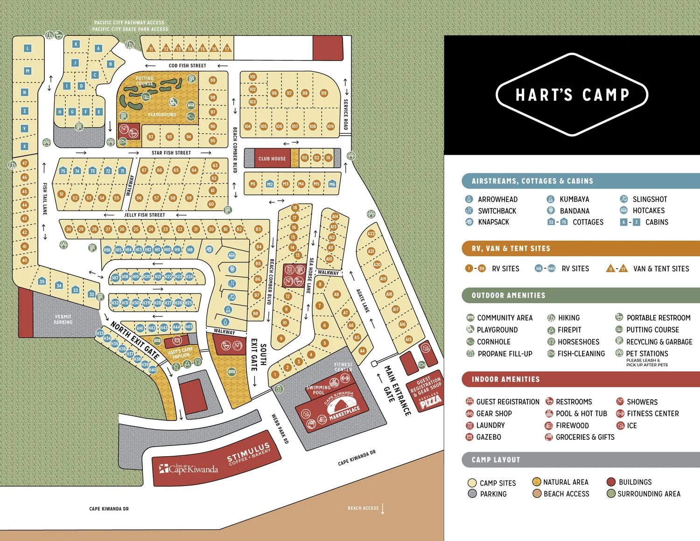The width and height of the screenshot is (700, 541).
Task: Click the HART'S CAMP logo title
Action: (x=572, y=95)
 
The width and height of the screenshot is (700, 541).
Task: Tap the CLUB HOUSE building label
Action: (x=272, y=158)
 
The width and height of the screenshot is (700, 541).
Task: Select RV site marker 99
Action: (x=213, y=80)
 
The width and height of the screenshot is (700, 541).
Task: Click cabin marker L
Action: (x=28, y=48)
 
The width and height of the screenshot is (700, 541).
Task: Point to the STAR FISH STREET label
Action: (x=171, y=153)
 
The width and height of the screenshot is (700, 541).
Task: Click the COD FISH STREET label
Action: (x=187, y=66)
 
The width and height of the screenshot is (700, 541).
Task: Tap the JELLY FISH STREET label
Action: (x=144, y=215)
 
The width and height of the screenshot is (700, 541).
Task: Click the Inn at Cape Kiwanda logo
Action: (x=189, y=468)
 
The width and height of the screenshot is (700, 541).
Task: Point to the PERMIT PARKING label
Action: (x=63, y=319)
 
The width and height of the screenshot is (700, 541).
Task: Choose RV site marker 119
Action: (x=323, y=93)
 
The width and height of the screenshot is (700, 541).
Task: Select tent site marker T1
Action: (x=150, y=48)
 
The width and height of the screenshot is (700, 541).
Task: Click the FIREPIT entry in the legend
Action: (x=569, y=330)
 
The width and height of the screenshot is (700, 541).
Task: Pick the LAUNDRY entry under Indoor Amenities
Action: (x=490, y=425)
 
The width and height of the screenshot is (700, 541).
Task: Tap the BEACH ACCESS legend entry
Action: (x=566, y=494)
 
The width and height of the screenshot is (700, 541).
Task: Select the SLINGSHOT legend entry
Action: (x=649, y=199)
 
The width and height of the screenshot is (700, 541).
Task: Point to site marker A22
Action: (x=371, y=233)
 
